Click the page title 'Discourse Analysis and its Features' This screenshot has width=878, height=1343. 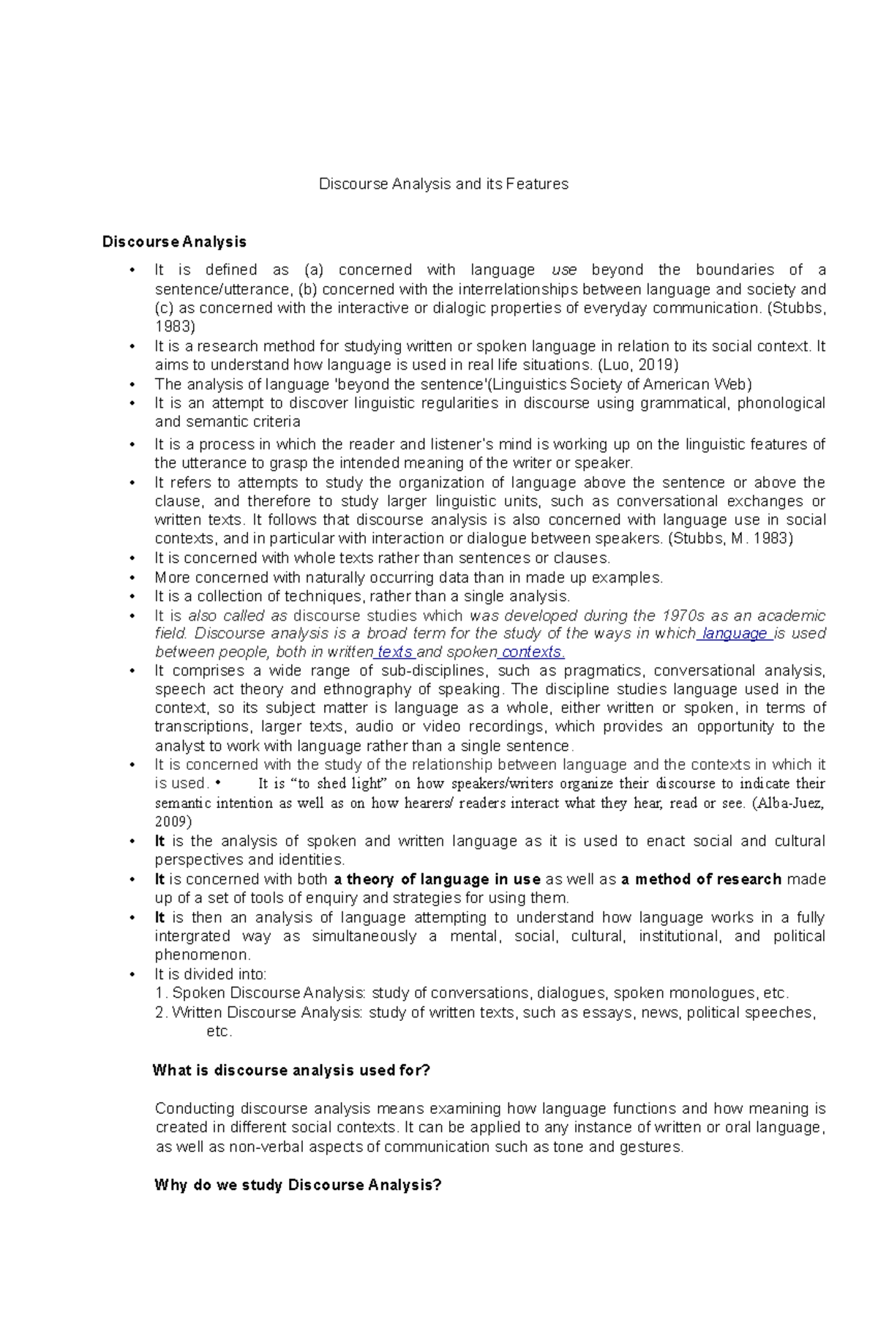click(x=443, y=184)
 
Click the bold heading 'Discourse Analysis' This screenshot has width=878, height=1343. click(x=174, y=242)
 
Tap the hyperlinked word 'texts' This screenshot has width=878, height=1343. click(x=394, y=652)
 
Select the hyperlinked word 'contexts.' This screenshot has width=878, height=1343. click(x=532, y=652)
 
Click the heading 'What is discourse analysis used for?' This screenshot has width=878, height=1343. click(x=291, y=1070)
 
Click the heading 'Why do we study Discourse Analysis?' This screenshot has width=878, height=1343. click(x=298, y=1185)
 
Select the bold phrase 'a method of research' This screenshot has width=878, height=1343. click(x=701, y=879)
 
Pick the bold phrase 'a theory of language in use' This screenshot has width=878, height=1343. click(x=437, y=879)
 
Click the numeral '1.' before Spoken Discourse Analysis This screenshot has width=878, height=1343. click(x=162, y=993)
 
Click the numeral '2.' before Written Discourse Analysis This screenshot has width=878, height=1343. click(x=162, y=1013)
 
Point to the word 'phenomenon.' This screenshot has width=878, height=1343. click(x=203, y=955)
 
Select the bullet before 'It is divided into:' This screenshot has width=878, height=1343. click(x=132, y=975)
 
